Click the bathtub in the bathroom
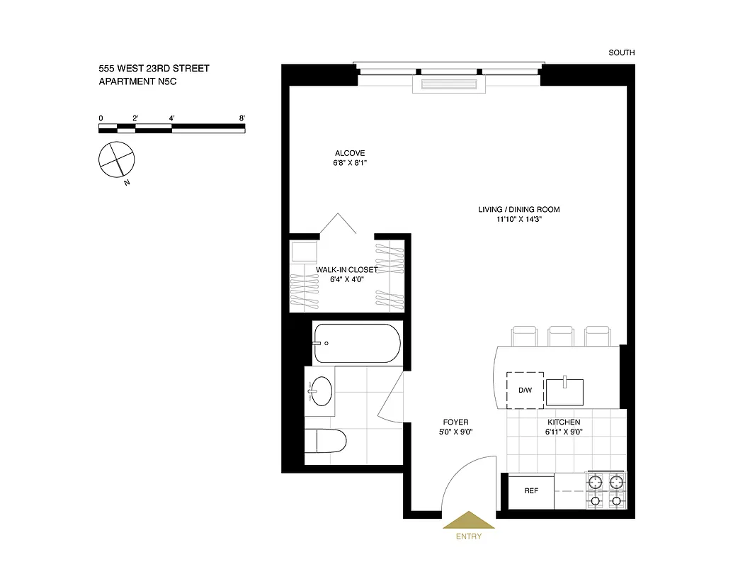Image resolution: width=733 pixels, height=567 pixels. (357, 343)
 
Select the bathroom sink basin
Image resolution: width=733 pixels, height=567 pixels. (322, 390)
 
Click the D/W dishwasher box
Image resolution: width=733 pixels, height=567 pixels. (525, 391)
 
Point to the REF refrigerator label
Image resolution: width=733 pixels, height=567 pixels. (531, 490)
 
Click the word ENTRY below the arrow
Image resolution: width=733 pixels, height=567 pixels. (469, 537)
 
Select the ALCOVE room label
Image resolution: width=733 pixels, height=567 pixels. (350, 153)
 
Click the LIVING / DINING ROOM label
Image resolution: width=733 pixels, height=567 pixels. (518, 209)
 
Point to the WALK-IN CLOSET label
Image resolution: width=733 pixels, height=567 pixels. (347, 270)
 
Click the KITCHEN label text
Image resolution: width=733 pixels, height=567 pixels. (563, 422)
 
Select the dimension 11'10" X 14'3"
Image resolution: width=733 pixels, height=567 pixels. (518, 220)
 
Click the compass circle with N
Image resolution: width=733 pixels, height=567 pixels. (115, 159)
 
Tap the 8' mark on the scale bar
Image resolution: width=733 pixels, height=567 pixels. (242, 118)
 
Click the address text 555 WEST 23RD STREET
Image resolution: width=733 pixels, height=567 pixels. (154, 69)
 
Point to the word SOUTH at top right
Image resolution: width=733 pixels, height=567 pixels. (621, 52)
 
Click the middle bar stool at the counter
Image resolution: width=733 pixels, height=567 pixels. (561, 336)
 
